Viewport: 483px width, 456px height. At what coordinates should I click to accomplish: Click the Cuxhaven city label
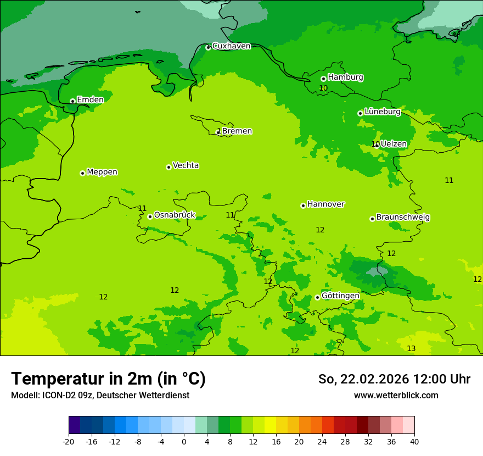click(231, 46)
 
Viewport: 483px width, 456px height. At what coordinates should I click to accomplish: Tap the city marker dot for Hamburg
click(323, 79)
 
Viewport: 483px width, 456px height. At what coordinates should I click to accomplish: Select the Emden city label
click(90, 100)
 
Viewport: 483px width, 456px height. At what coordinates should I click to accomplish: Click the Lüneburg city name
click(383, 112)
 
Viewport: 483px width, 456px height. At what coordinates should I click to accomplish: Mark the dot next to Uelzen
click(377, 145)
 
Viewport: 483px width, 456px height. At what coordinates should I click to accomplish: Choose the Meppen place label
click(102, 172)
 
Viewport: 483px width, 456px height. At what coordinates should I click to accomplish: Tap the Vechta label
click(186, 165)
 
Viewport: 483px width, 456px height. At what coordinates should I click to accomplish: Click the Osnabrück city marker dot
click(150, 216)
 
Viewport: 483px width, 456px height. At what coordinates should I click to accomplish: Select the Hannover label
click(325, 204)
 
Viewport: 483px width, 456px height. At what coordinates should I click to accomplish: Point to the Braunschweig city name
click(403, 218)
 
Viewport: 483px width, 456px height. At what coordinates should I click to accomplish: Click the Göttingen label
click(340, 296)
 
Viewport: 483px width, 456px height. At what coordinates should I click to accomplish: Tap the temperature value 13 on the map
click(411, 349)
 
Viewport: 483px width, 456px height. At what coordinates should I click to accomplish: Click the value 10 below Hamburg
click(323, 88)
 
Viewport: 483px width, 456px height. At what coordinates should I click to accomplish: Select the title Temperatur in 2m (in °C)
click(108, 379)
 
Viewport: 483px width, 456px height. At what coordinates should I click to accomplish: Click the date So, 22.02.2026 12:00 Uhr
click(394, 379)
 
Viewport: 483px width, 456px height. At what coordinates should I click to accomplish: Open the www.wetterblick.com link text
click(396, 396)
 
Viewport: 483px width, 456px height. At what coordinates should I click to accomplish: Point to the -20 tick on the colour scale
click(69, 441)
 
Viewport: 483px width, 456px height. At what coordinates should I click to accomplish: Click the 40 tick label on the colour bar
click(414, 441)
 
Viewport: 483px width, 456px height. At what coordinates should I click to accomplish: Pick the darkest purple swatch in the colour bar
click(74, 425)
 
